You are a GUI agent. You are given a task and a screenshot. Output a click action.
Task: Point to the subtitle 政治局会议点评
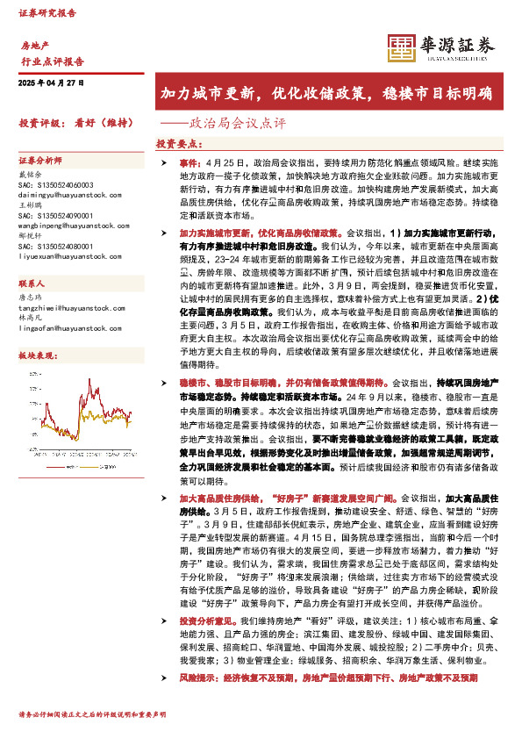click(226, 123)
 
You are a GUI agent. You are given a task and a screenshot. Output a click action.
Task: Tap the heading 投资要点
click(178, 143)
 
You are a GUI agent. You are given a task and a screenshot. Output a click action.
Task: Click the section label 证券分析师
click(40, 161)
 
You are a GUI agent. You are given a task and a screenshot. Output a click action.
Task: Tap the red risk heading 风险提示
click(199, 678)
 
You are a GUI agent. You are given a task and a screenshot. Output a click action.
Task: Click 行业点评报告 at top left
click(52, 61)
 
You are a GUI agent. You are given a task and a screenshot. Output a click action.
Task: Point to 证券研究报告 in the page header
click(47, 14)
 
